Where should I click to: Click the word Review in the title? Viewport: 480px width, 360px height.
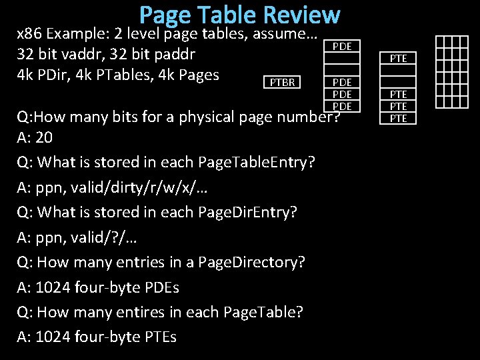tap(301, 15)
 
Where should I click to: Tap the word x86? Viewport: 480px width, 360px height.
tap(29, 33)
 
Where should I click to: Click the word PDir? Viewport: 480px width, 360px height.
tap(52, 74)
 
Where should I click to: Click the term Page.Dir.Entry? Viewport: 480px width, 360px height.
tap(248, 212)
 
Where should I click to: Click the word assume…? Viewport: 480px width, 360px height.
tap(283, 33)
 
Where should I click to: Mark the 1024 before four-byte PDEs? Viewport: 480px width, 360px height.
tap(55, 287)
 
